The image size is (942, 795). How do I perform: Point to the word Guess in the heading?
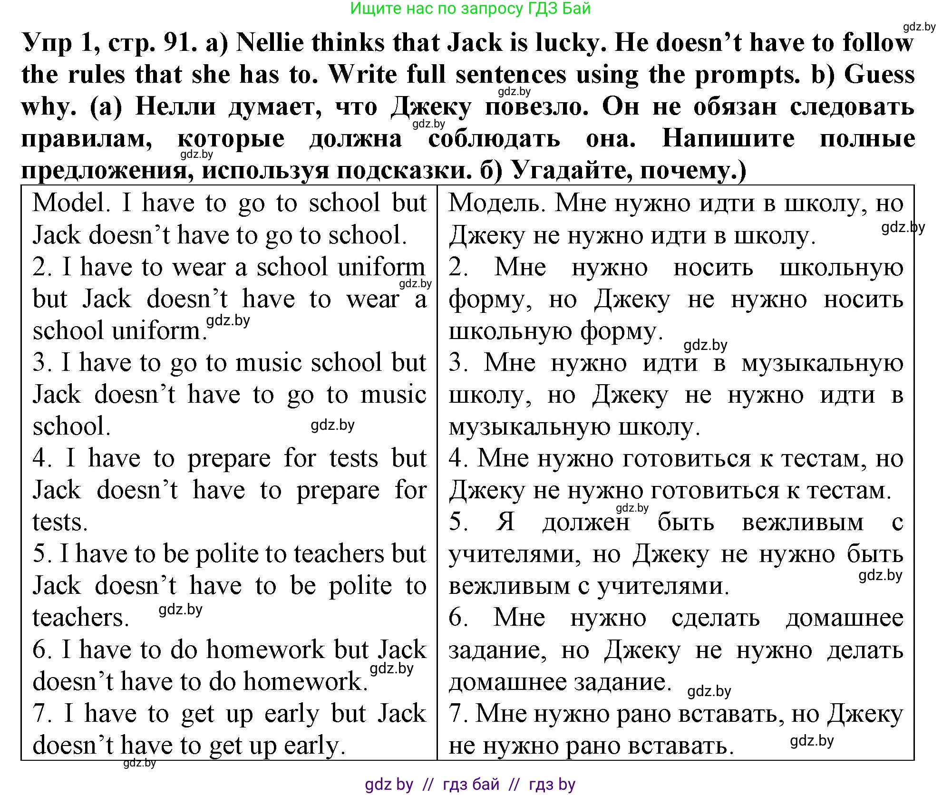pyautogui.click(x=879, y=75)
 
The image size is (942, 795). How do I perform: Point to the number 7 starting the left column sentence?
pyautogui.click(x=42, y=714)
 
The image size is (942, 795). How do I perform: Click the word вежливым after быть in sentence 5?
pyautogui.click(x=802, y=523)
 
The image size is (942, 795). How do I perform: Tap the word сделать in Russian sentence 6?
pyautogui.click(x=715, y=618)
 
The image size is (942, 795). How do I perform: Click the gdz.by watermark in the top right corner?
pyautogui.click(x=919, y=27)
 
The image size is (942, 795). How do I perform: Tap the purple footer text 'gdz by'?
pyautogui.click(x=389, y=784)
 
